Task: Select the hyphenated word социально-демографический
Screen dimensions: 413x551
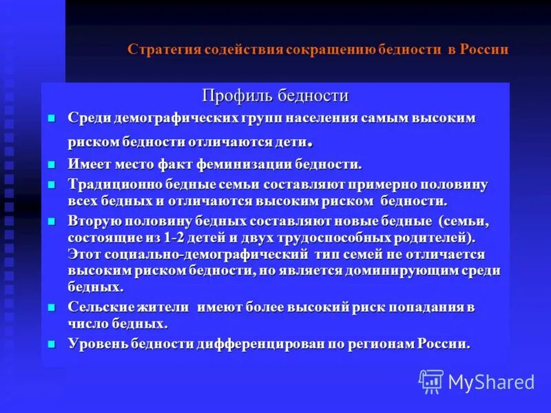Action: (190, 254)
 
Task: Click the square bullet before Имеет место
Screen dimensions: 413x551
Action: (51, 165)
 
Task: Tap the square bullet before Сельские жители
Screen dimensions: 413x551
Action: (51, 308)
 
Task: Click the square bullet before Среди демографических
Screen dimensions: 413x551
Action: (51, 118)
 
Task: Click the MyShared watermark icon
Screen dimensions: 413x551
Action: (431, 381)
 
